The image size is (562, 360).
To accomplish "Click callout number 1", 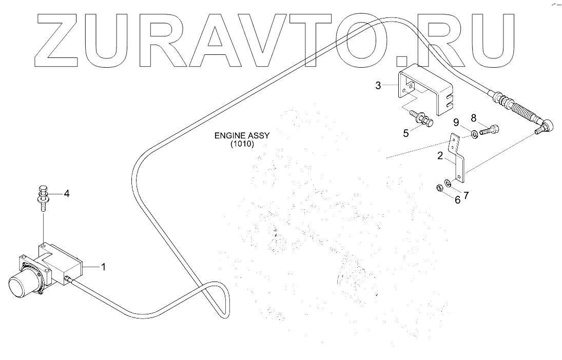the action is [103, 267].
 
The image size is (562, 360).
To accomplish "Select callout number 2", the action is [440, 156].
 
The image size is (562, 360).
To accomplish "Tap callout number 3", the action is [378, 85].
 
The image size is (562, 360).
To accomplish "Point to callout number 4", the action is [66, 194].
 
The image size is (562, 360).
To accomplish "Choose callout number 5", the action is [406, 133].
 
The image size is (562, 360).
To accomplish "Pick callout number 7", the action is [466, 195].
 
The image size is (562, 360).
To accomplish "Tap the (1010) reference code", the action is [242, 144].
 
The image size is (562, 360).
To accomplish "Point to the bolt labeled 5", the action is [424, 120].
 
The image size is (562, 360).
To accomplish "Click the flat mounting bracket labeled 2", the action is [459, 164].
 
